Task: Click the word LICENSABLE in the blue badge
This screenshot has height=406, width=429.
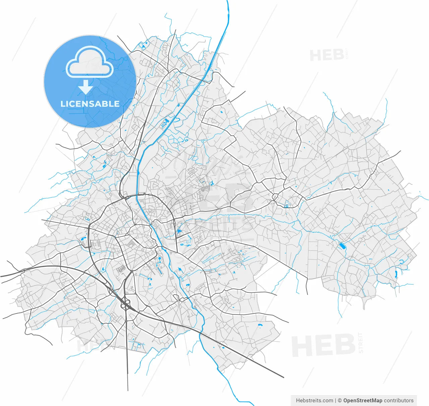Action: (x=90, y=104)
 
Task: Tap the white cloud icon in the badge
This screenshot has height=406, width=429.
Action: (x=90, y=62)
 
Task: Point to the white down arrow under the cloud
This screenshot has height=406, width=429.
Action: (x=86, y=87)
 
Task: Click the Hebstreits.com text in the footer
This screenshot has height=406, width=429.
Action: (x=314, y=400)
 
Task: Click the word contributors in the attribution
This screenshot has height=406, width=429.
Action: (x=399, y=400)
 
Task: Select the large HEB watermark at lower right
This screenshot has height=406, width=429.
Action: (x=323, y=345)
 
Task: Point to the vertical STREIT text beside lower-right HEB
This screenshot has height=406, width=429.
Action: (x=361, y=342)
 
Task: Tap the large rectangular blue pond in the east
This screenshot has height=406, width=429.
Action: (x=342, y=246)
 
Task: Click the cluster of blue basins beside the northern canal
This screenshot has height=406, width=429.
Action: (x=165, y=123)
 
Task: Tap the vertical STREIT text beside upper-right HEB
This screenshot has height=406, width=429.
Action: (x=347, y=54)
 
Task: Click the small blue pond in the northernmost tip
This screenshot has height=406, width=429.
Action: (x=142, y=46)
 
